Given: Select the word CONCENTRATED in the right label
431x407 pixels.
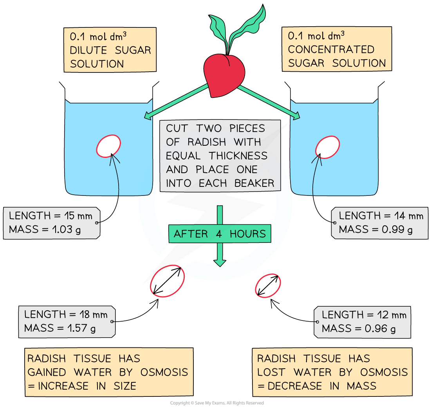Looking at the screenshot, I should click(331, 49).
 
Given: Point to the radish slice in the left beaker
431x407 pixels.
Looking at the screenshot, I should click(108, 146).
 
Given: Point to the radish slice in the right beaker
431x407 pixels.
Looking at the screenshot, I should click(327, 147).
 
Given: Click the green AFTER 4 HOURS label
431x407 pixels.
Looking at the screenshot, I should click(220, 234).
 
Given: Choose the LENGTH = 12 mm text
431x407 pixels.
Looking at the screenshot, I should click(364, 315).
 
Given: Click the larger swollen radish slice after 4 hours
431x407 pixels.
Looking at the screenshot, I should click(167, 280).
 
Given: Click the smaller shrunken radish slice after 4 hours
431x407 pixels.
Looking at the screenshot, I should click(268, 286).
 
